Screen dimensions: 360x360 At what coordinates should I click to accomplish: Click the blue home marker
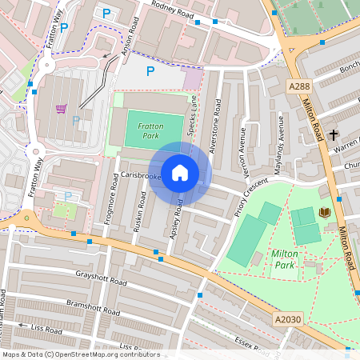(x=180, y=173)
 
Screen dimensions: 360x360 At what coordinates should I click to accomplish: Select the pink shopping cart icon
(x=62, y=108)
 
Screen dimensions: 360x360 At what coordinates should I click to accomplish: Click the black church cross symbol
(x=333, y=134)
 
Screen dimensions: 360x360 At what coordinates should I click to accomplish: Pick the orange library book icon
(x=324, y=212)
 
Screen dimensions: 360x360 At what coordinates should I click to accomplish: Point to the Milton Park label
(x=285, y=258)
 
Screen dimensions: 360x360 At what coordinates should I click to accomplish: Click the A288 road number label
(x=298, y=86)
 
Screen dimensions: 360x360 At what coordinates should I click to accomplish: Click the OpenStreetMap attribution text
(x=70, y=354)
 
